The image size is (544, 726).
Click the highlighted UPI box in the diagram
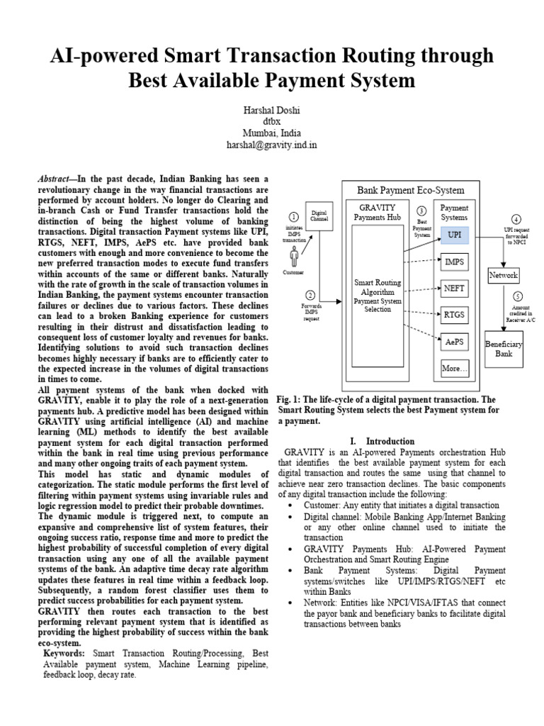(454, 234)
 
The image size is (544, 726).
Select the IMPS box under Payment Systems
(454, 262)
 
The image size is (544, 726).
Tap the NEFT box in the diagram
(454, 288)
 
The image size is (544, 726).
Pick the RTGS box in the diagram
(454, 313)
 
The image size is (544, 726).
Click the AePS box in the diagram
(454, 341)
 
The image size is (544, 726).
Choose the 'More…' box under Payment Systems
(454, 368)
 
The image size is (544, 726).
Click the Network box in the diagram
(504, 275)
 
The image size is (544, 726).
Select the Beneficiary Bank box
(504, 348)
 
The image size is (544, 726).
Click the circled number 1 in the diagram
(293, 217)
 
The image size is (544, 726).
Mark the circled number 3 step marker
(421, 211)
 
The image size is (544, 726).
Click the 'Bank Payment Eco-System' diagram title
(410, 190)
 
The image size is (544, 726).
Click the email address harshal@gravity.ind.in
(272, 145)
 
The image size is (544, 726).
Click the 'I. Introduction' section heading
(390, 440)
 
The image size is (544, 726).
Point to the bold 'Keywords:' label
(64, 652)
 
